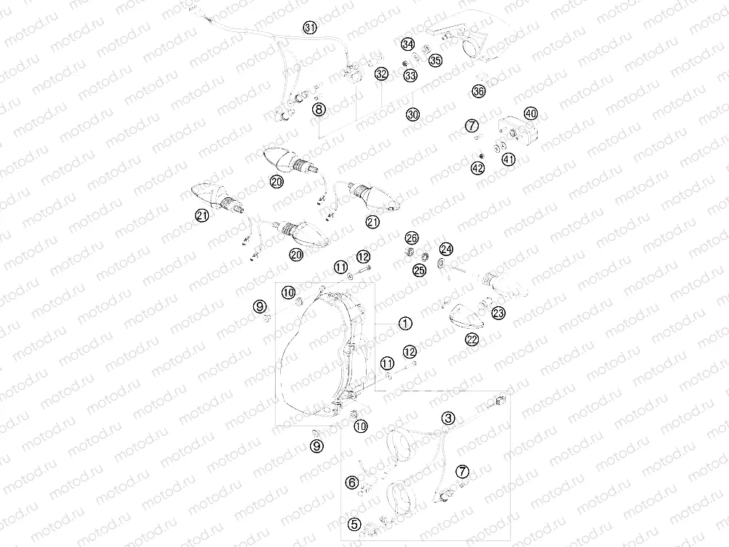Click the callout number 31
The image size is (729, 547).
(x=311, y=28)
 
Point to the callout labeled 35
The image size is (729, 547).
(x=434, y=60)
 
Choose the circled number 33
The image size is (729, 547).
(x=410, y=75)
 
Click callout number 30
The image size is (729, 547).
(x=413, y=114)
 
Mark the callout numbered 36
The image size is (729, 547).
(x=478, y=91)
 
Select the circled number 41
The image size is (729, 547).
(x=507, y=159)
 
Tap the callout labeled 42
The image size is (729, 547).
(x=477, y=168)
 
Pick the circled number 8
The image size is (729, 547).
(x=318, y=110)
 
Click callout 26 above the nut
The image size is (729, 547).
(x=412, y=238)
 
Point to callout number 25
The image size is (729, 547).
(x=418, y=271)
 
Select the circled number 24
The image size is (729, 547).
(x=446, y=249)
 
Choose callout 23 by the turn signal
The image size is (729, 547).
(x=498, y=314)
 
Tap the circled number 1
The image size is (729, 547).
(x=405, y=322)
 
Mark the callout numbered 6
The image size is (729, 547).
(x=352, y=482)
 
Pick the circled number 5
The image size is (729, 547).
(x=354, y=523)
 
